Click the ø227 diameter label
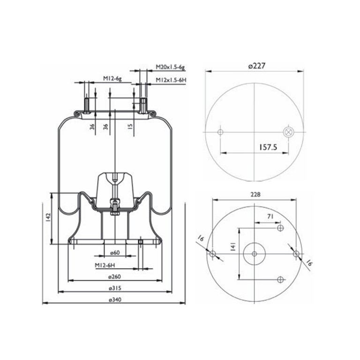[x=257, y=66]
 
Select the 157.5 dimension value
[x=268, y=147]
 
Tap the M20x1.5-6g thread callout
[x=170, y=67]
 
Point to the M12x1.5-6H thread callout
[x=171, y=80]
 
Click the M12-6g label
[x=112, y=79]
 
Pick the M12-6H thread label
[x=105, y=265]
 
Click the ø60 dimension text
[x=115, y=253]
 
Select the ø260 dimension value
[x=114, y=277]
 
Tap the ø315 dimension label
[x=114, y=288]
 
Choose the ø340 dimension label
[x=114, y=300]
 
